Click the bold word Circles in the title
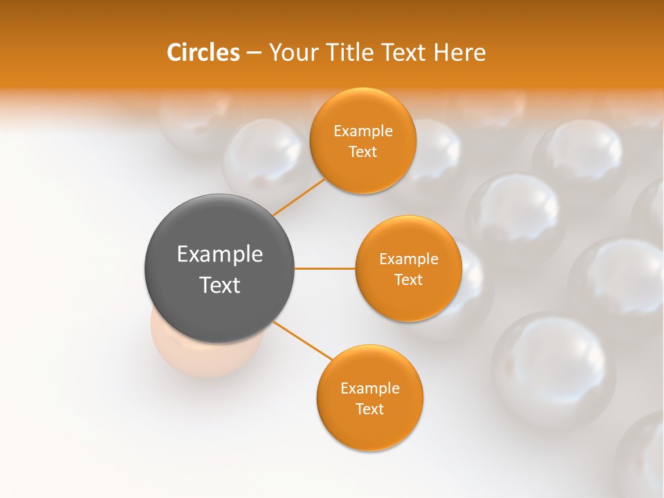(203, 53)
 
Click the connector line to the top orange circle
(299, 197)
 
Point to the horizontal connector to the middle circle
(325, 268)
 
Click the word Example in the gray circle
(219, 255)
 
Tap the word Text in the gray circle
(219, 285)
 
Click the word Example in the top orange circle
(363, 131)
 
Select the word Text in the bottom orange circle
(369, 409)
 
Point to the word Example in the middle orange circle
(408, 259)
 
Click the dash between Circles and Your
(254, 53)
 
